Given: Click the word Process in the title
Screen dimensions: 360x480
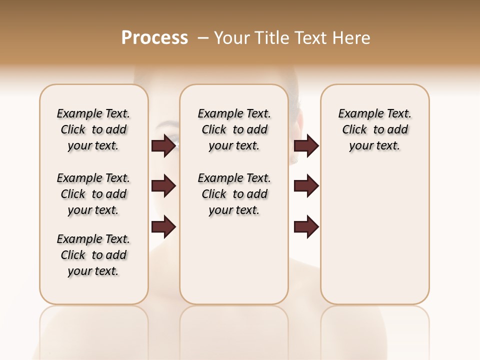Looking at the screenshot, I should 154,38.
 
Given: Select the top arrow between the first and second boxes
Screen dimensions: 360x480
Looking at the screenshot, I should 163,145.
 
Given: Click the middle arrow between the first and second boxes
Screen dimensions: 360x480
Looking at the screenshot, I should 163,186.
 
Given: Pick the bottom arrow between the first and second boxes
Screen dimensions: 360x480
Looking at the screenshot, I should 163,227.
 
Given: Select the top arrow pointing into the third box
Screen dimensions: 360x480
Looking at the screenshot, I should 306,145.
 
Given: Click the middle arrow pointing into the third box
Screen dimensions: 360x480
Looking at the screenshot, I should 306,186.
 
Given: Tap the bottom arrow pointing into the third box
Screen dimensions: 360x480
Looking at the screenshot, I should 306,227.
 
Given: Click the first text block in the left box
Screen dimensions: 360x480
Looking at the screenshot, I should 93,129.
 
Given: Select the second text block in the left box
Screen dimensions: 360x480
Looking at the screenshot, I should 93,194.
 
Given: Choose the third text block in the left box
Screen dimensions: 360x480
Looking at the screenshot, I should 93,255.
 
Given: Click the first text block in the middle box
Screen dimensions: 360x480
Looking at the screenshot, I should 234,129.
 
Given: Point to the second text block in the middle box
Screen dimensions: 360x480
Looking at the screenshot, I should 234,194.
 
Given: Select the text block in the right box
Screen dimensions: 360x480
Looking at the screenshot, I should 375,129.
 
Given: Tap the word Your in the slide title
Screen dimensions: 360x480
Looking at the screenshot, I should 232,38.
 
